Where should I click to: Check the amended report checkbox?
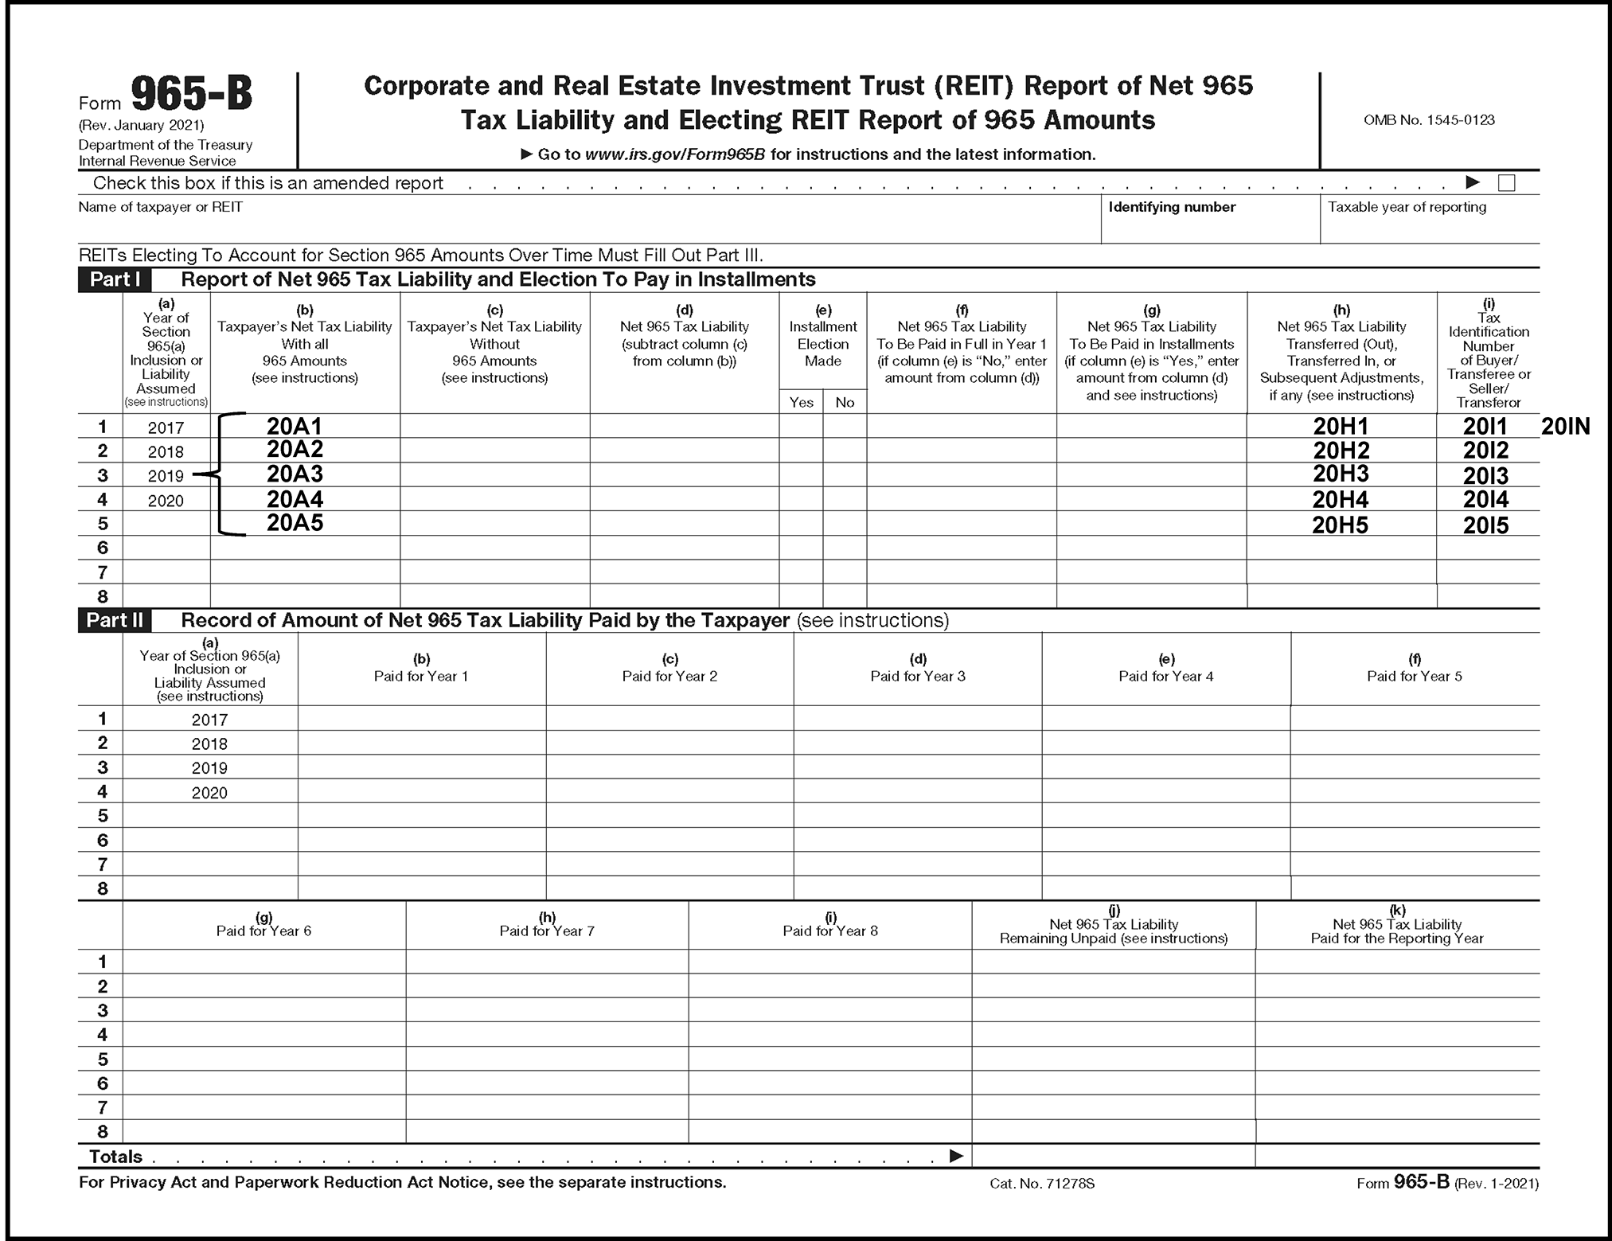tap(1506, 183)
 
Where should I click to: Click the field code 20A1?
tap(295, 426)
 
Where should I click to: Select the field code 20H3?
tap(1341, 474)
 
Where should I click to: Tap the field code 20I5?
tap(1485, 525)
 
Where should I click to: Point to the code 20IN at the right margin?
tap(1565, 427)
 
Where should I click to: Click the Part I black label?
tap(115, 279)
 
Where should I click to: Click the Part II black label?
tap(115, 620)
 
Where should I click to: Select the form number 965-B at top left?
tap(191, 95)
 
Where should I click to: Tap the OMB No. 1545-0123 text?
tap(1429, 120)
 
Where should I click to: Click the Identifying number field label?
tap(1172, 207)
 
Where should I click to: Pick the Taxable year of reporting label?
tap(1407, 207)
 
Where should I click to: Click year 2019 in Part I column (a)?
tap(166, 476)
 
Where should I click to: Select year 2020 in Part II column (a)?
tap(209, 793)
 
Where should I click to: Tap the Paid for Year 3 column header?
tap(918, 676)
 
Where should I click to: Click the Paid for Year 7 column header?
tap(547, 931)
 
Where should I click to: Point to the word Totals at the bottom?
tap(115, 1157)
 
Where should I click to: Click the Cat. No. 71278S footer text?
tap(1042, 1184)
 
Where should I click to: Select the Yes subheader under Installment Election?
tap(801, 402)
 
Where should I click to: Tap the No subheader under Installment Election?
tap(845, 402)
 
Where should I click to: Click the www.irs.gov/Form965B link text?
tap(675, 154)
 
